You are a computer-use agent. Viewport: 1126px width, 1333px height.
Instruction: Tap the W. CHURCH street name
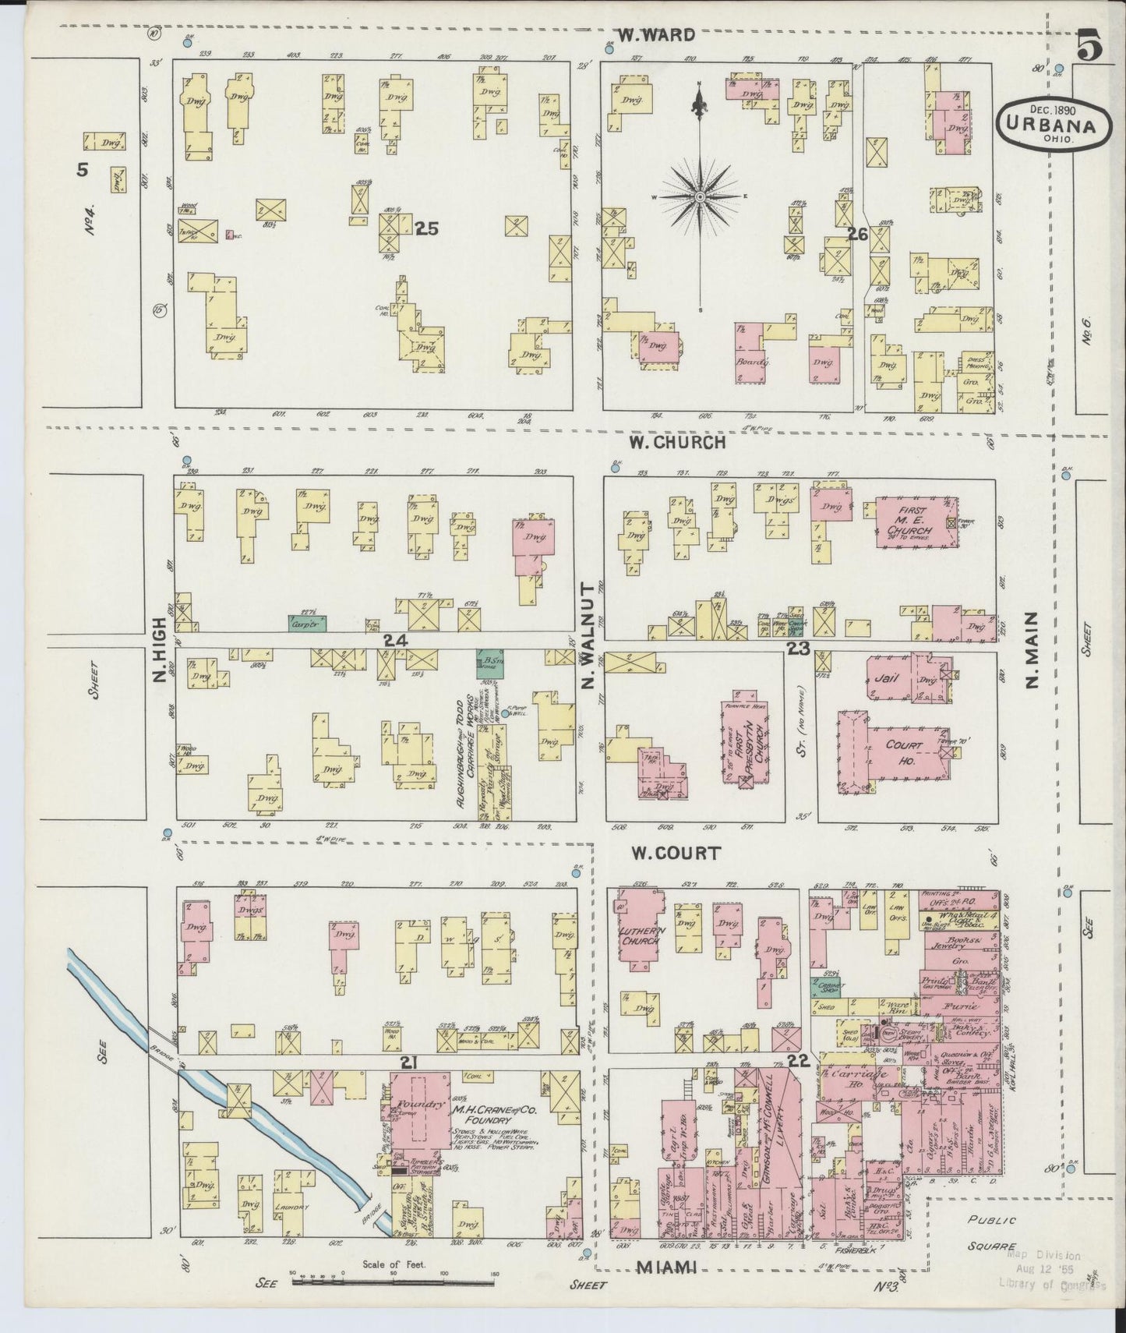pyautogui.click(x=678, y=442)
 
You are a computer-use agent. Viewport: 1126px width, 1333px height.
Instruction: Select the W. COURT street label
pyautogui.click(x=676, y=853)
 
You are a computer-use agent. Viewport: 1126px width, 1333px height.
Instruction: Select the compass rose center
pyautogui.click(x=700, y=196)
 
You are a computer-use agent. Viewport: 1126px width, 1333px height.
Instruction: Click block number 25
pyautogui.click(x=427, y=228)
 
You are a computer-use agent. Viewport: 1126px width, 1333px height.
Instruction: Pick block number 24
pyautogui.click(x=395, y=640)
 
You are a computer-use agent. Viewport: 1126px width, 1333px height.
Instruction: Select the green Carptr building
pyautogui.click(x=308, y=624)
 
